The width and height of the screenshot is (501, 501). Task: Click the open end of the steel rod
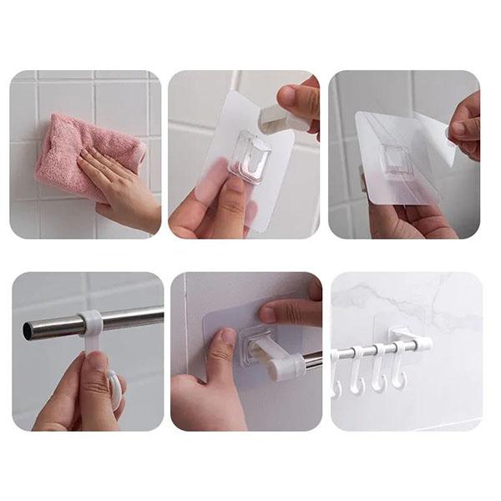(x=29, y=331)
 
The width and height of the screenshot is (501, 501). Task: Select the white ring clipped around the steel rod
(x=91, y=321)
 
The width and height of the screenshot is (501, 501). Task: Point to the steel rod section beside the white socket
(x=311, y=359)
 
